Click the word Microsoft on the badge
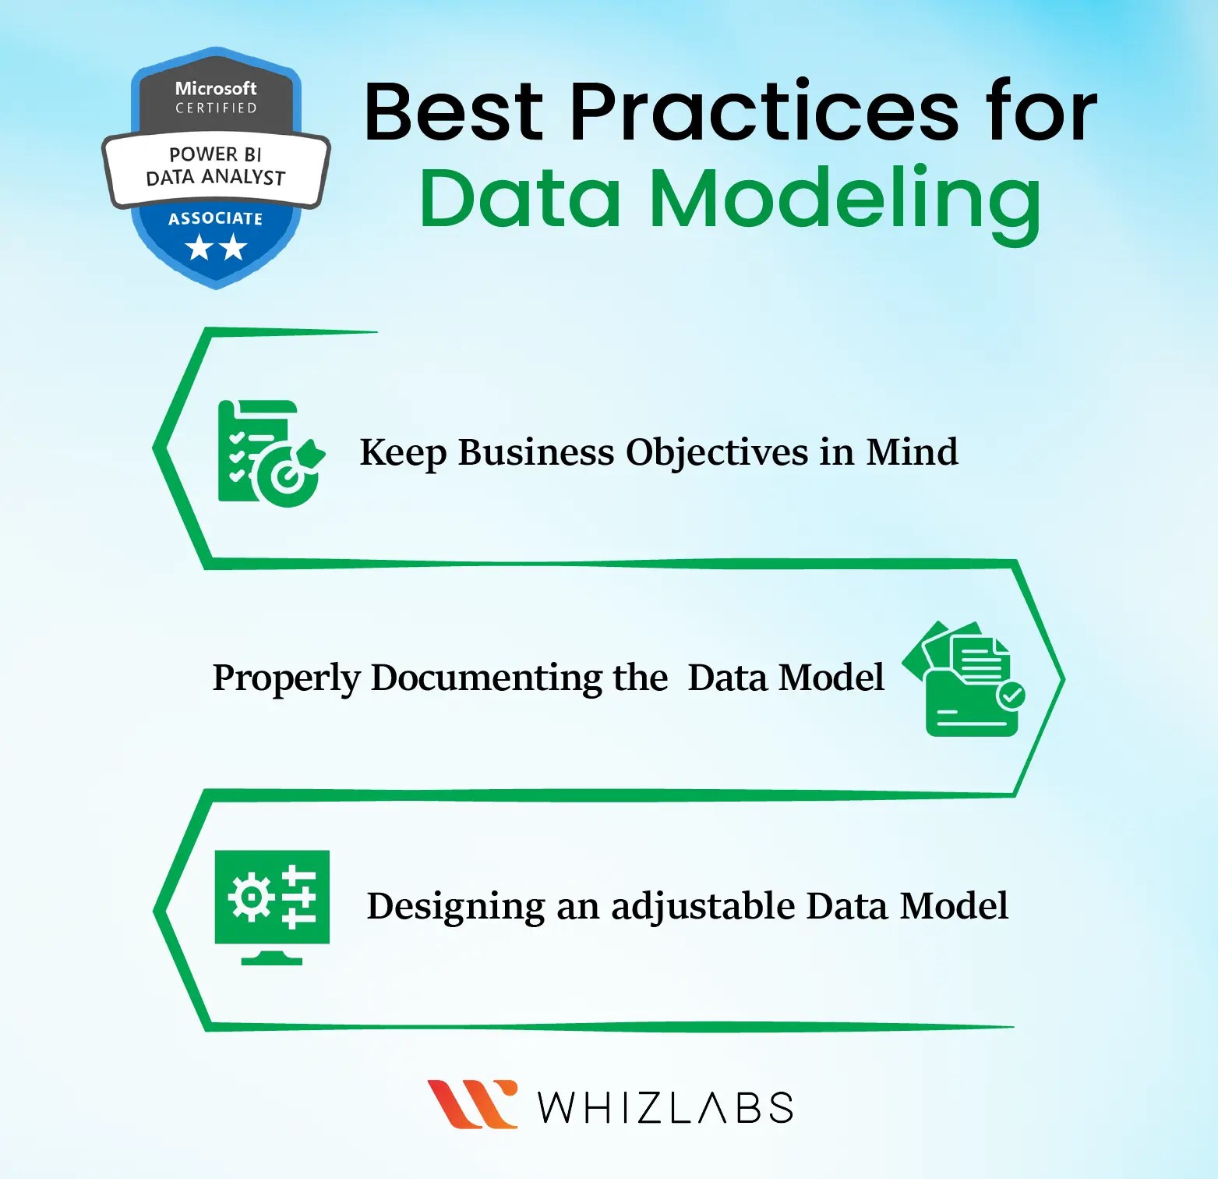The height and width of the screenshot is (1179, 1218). [216, 88]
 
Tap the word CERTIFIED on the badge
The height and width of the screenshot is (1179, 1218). [216, 108]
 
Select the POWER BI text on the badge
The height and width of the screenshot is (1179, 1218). [216, 154]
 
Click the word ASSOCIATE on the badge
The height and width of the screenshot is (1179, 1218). [216, 218]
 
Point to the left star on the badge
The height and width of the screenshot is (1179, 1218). [199, 249]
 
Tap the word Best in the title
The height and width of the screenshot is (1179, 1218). [453, 112]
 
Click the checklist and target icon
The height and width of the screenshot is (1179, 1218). [270, 453]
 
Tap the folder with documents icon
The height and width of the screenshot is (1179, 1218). [965, 679]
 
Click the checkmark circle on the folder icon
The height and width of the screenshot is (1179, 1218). [1011, 695]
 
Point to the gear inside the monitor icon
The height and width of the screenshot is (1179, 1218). [250, 898]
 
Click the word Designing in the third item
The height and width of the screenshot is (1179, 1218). [456, 907]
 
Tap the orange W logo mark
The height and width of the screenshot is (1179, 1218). [472, 1103]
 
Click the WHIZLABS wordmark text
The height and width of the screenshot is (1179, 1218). [665, 1107]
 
